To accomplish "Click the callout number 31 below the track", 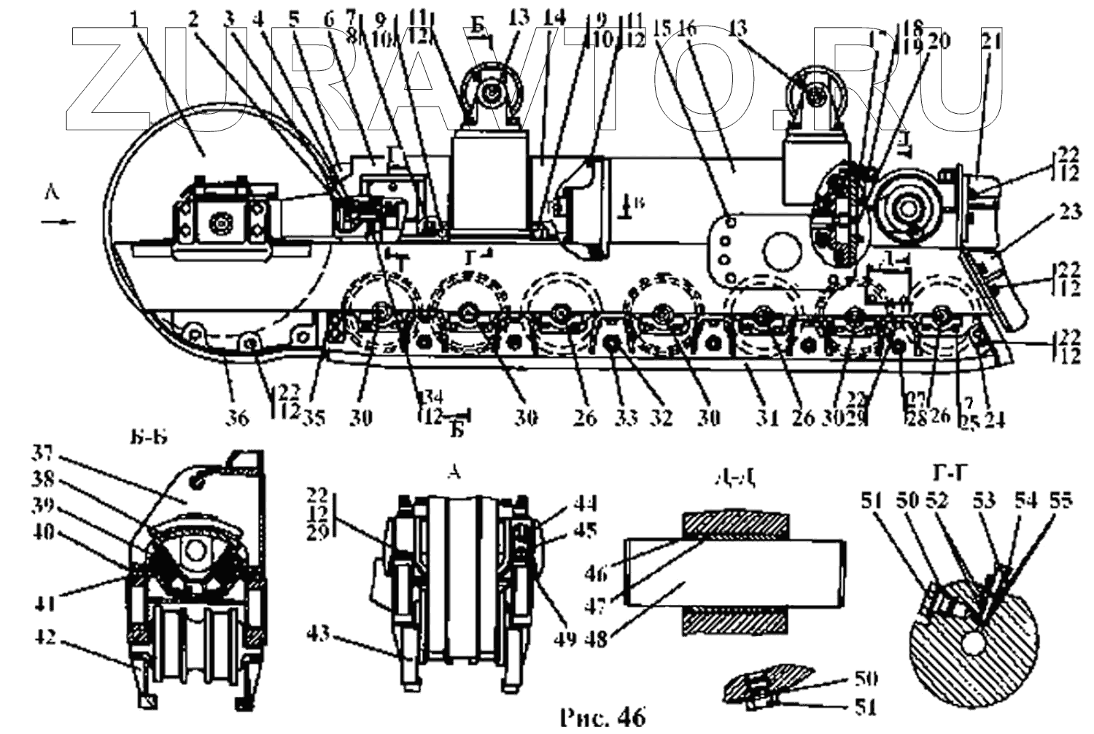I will tap(766, 417).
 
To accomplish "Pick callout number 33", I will tap(626, 417).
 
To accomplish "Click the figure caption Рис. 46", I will tap(602, 717).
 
